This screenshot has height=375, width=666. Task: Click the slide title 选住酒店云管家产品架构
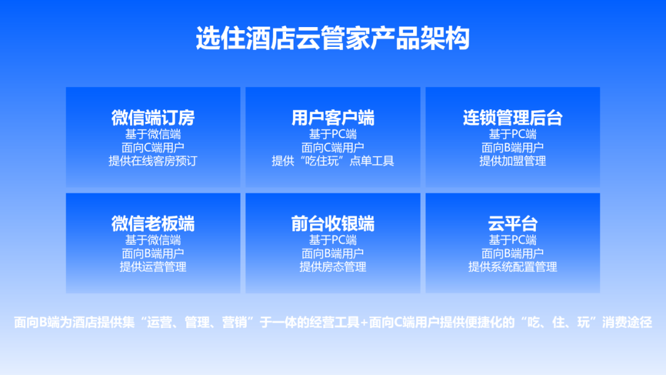tap(332, 38)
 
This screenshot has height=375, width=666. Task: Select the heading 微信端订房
tap(153, 118)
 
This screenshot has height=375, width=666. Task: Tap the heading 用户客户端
tap(332, 118)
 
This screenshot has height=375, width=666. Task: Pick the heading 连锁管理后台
tap(512, 118)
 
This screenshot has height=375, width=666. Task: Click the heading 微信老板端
tap(153, 223)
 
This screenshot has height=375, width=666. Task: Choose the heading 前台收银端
tap(332, 223)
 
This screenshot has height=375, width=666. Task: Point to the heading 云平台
tap(512, 223)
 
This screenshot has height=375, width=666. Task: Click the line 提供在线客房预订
tap(153, 161)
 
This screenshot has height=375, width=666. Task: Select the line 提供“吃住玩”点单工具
tap(332, 161)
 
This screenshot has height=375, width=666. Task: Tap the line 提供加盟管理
tap(512, 161)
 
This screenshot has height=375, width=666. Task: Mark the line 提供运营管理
tap(153, 266)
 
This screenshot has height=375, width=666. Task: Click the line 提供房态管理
tap(332, 266)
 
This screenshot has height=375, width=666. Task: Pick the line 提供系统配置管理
tap(512, 266)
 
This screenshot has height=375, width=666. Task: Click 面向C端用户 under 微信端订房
tap(153, 148)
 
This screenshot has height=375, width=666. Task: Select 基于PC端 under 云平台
tap(512, 240)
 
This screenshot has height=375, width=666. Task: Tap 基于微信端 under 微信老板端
tap(153, 240)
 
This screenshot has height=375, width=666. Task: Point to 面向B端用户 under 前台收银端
tap(332, 253)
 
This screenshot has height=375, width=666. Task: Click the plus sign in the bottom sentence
tap(364, 323)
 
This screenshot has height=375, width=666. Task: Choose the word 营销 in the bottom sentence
tap(234, 323)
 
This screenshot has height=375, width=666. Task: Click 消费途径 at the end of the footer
tap(627, 323)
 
